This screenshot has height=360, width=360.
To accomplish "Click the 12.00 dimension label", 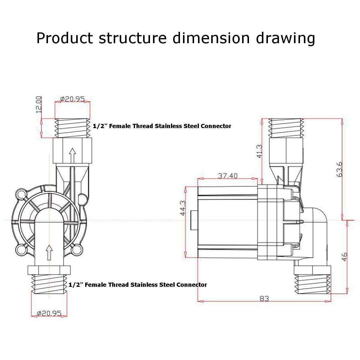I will click(38, 104).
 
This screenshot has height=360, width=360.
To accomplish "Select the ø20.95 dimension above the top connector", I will click(72, 99).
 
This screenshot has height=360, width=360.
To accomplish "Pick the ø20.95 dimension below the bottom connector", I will click(49, 313).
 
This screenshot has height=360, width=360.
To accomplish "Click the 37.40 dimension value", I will click(228, 175).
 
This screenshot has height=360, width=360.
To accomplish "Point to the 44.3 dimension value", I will click(183, 208).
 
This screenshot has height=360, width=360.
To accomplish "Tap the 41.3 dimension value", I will click(259, 151).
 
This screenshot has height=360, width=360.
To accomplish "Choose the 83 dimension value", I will click(264, 299).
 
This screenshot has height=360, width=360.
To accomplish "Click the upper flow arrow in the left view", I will click(72, 155).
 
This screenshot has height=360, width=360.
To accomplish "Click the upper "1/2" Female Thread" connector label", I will click(162, 126).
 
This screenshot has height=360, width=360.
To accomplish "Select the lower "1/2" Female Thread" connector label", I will click(138, 284).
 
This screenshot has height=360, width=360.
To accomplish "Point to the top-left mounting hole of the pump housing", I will click(21, 194).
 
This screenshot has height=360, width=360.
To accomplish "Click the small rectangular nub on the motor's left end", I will click(193, 221).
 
